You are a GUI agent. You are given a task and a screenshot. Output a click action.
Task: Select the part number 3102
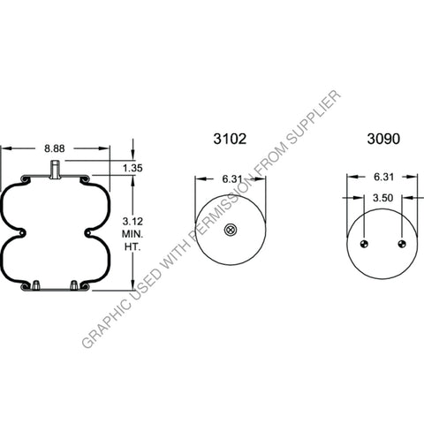click(230, 139)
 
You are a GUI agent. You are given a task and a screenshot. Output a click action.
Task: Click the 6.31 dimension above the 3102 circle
click(231, 178)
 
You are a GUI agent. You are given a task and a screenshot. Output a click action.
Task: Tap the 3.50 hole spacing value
click(382, 200)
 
